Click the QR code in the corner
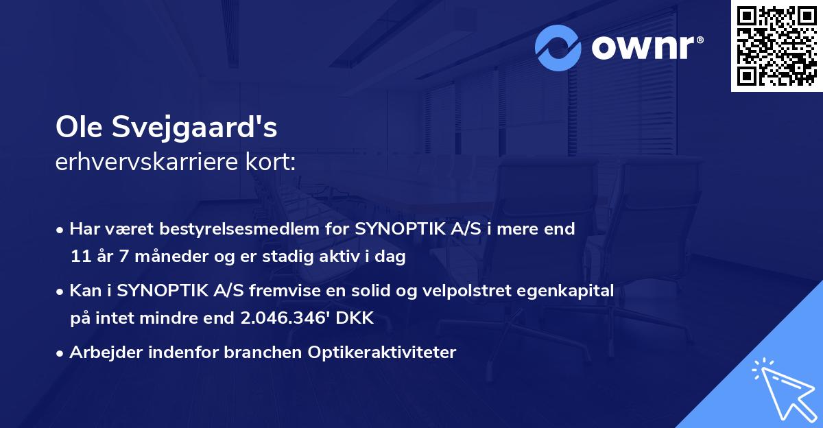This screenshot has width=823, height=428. tap(777, 45)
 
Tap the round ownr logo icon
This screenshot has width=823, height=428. tap(558, 48)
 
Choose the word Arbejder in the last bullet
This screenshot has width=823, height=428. tap(99, 353)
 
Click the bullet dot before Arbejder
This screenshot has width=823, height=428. tap(60, 353)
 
